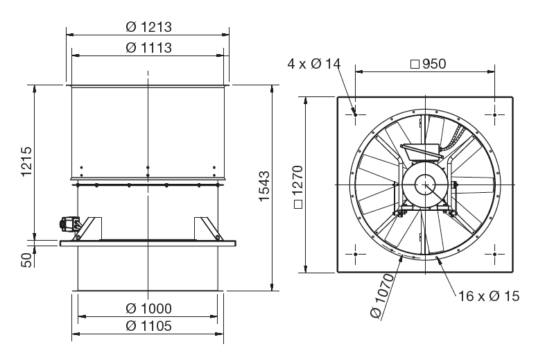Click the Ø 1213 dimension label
pos(148,27)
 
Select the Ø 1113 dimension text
pos(148,48)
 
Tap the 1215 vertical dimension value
pos(27,162)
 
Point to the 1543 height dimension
pos(264,186)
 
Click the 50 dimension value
pos(27,260)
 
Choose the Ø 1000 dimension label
pos(148,309)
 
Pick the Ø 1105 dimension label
pos(148,326)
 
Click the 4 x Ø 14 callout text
pos(314,64)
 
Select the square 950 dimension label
pos(429,64)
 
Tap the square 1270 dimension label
pos(298,187)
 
